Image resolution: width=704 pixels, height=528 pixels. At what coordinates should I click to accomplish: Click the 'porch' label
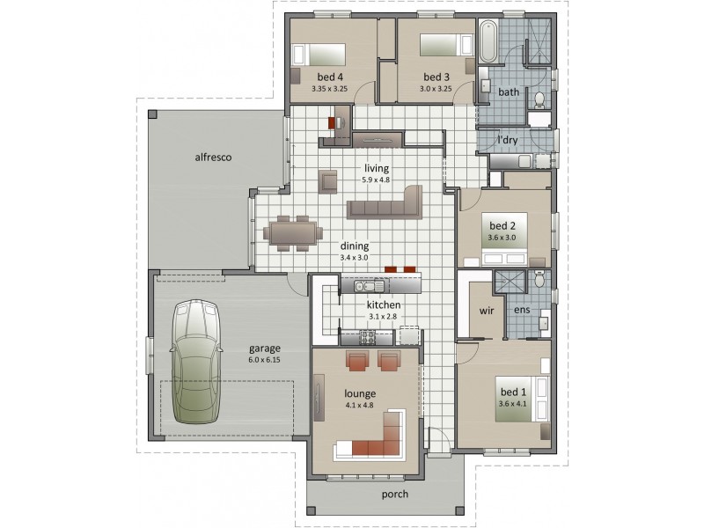click(395, 494)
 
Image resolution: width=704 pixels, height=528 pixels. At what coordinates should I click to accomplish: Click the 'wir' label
click(485, 311)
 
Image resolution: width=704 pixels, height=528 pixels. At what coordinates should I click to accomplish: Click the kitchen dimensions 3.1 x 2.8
click(385, 317)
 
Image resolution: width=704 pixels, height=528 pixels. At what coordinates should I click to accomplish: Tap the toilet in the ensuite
click(539, 281)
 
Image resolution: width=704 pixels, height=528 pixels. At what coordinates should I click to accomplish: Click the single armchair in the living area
click(329, 180)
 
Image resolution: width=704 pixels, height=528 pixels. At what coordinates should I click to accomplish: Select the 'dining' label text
click(355, 246)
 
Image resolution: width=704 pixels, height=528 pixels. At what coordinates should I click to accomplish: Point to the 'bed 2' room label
click(502, 225)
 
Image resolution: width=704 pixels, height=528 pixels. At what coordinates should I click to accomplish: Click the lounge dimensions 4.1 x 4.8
click(361, 407)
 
